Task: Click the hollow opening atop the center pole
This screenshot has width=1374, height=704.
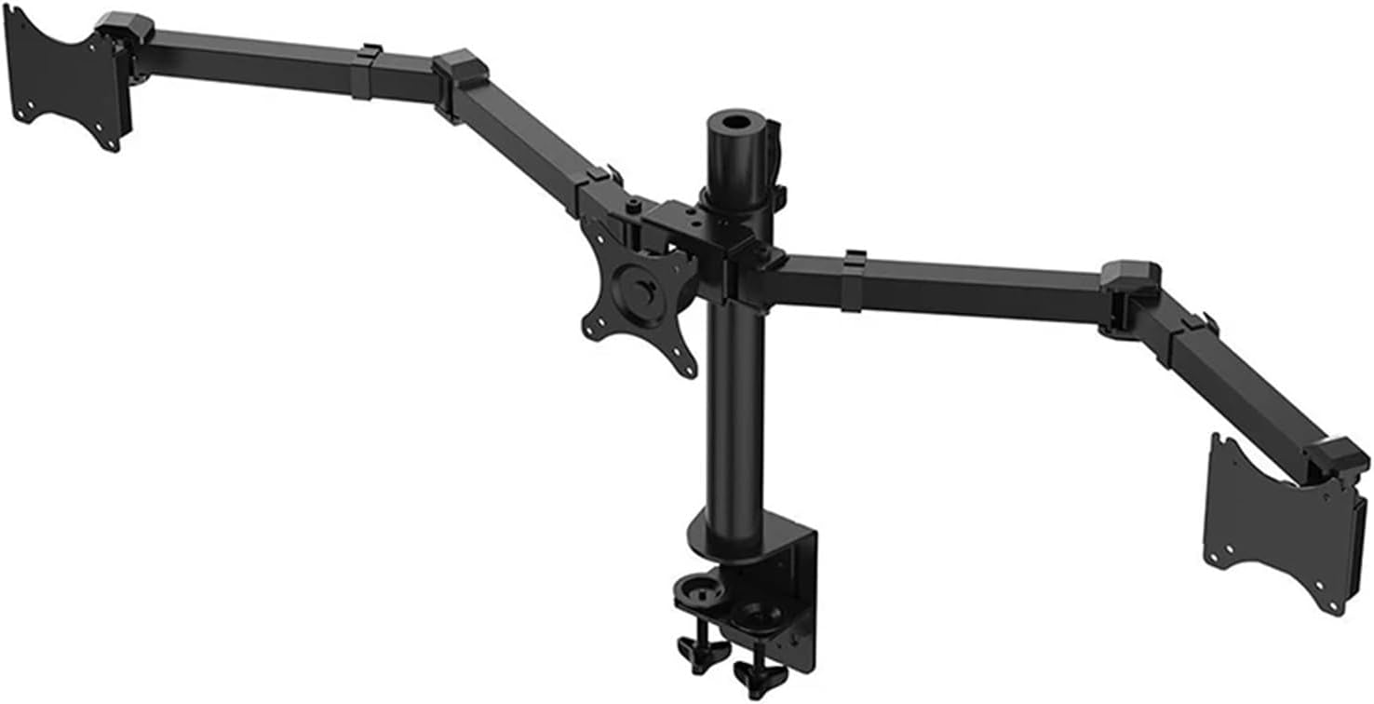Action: pyautogui.click(x=734, y=121)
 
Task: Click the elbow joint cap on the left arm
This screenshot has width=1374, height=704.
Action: pyautogui.click(x=461, y=68)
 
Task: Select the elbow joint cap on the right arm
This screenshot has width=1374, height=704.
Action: pyautogui.click(x=1130, y=276)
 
